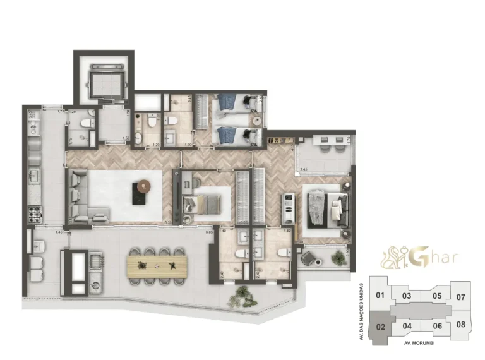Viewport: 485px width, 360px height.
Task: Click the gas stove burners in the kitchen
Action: (35, 215)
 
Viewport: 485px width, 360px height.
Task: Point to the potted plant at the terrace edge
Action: (240, 294)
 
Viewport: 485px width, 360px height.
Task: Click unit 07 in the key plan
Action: (460, 297)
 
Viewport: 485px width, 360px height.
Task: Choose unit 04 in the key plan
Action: (407, 326)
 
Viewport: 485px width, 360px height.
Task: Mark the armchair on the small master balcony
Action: (310, 259)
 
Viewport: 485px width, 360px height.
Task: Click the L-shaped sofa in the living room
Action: (81, 197)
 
